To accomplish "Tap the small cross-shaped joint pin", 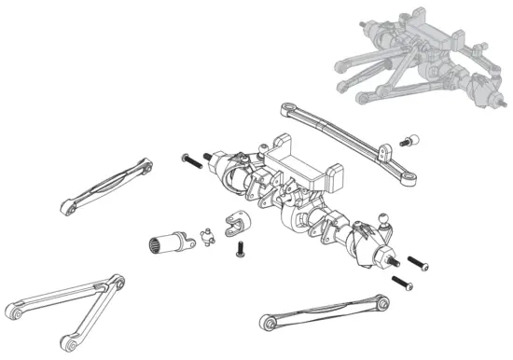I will pyautogui.click(x=208, y=235).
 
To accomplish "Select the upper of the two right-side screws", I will pyautogui.click(x=417, y=264).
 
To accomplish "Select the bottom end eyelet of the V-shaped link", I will pyautogui.click(x=65, y=340).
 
